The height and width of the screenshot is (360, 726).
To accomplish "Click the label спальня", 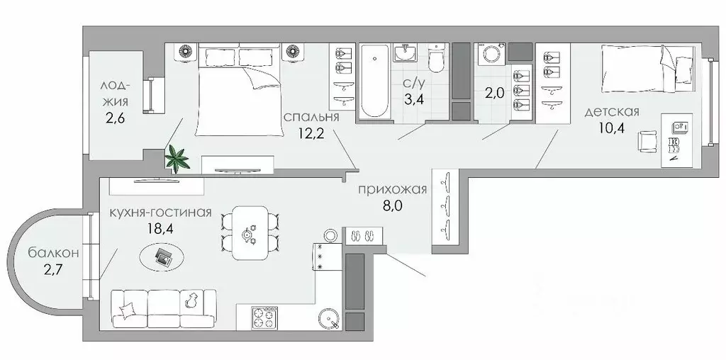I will click(x=311, y=117).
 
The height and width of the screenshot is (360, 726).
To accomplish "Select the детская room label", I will click(x=613, y=111).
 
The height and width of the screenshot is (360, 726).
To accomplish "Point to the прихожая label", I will click(x=392, y=189).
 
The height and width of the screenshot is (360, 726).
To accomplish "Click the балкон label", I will click(x=53, y=252).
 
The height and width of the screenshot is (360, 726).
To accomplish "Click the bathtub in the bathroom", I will click(x=374, y=81).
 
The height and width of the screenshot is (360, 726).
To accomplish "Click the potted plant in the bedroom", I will click(x=176, y=157).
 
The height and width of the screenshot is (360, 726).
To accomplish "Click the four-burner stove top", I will click(x=263, y=319).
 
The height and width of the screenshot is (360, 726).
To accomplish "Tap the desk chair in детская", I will click(x=647, y=142).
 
